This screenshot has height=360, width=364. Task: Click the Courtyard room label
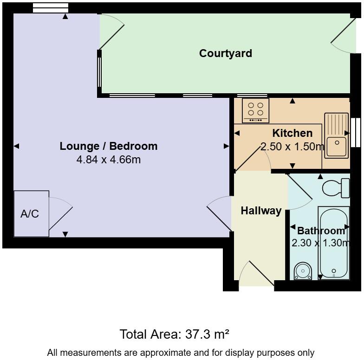[226, 53]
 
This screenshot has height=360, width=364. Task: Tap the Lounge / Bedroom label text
[109, 146]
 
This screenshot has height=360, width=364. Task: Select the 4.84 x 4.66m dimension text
[109, 160]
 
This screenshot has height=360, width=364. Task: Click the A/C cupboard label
[30, 214]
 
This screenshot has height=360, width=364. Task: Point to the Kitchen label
[292, 134]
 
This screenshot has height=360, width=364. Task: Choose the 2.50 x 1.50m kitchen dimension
[292, 147]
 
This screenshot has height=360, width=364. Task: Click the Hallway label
[261, 211]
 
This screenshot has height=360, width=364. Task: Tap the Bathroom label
[321, 231]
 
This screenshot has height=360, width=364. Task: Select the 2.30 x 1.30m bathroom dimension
[320, 243]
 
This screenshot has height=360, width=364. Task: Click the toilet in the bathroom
[336, 188]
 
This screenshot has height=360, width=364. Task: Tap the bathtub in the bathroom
[333, 242]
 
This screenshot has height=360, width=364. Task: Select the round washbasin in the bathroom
[303, 270]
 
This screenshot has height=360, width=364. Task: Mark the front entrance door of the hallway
[255, 274]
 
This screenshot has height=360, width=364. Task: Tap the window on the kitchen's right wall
[356, 132]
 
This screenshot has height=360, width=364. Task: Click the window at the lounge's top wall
[51, 8]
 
